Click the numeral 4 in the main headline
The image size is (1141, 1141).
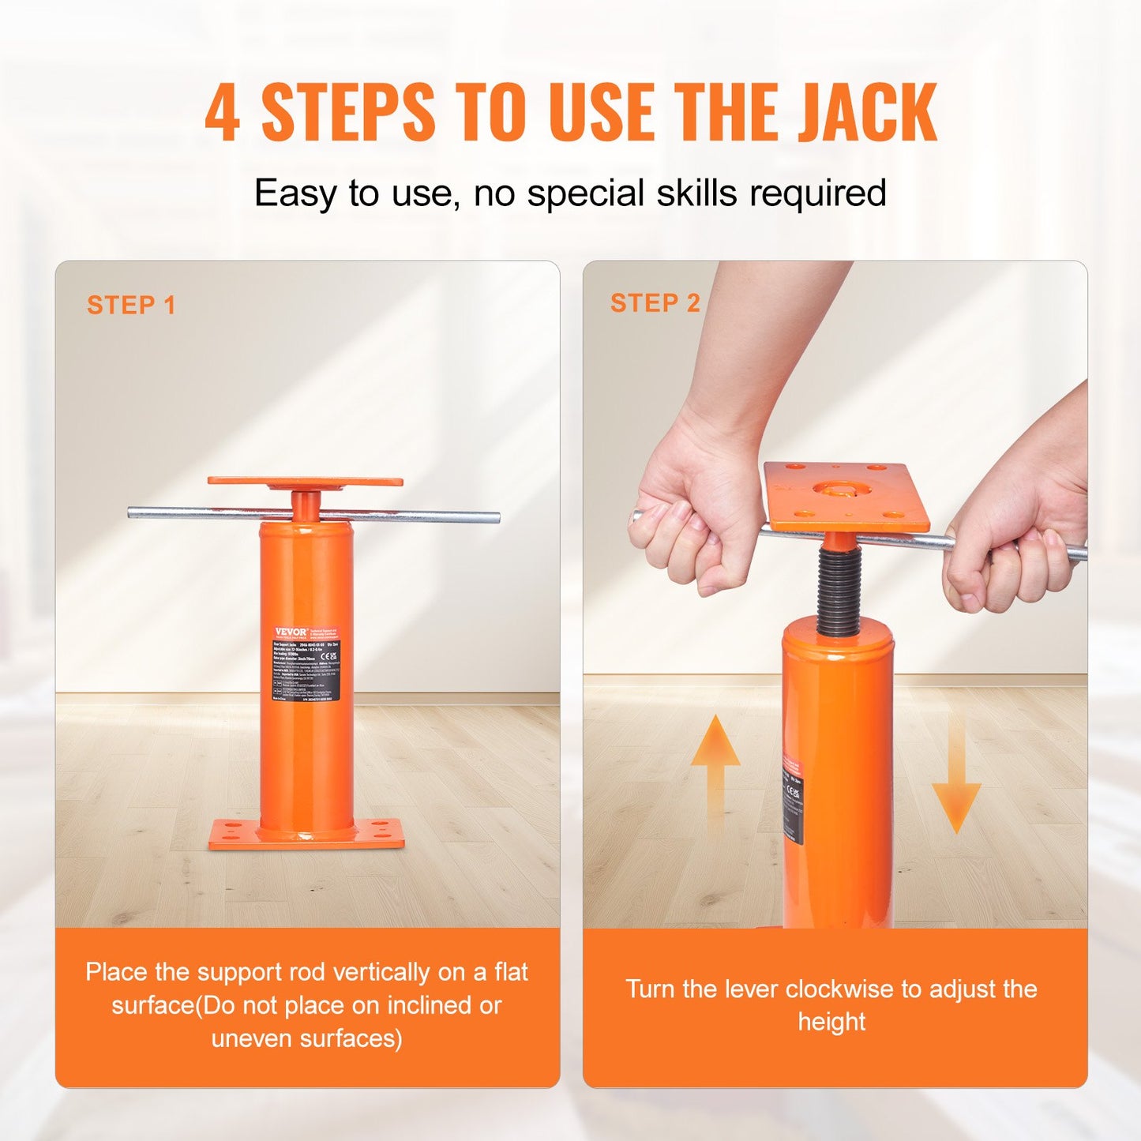pos(222,114)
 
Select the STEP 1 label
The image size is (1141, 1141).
pos(131,306)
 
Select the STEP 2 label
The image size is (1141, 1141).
pos(655,303)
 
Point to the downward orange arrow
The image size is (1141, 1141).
pos(956,782)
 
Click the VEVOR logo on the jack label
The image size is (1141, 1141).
pos(290,632)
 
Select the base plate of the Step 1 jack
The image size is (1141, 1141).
pos(306,834)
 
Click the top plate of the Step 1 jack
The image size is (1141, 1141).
pos(305,482)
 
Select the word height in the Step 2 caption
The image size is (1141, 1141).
pos(831,1022)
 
